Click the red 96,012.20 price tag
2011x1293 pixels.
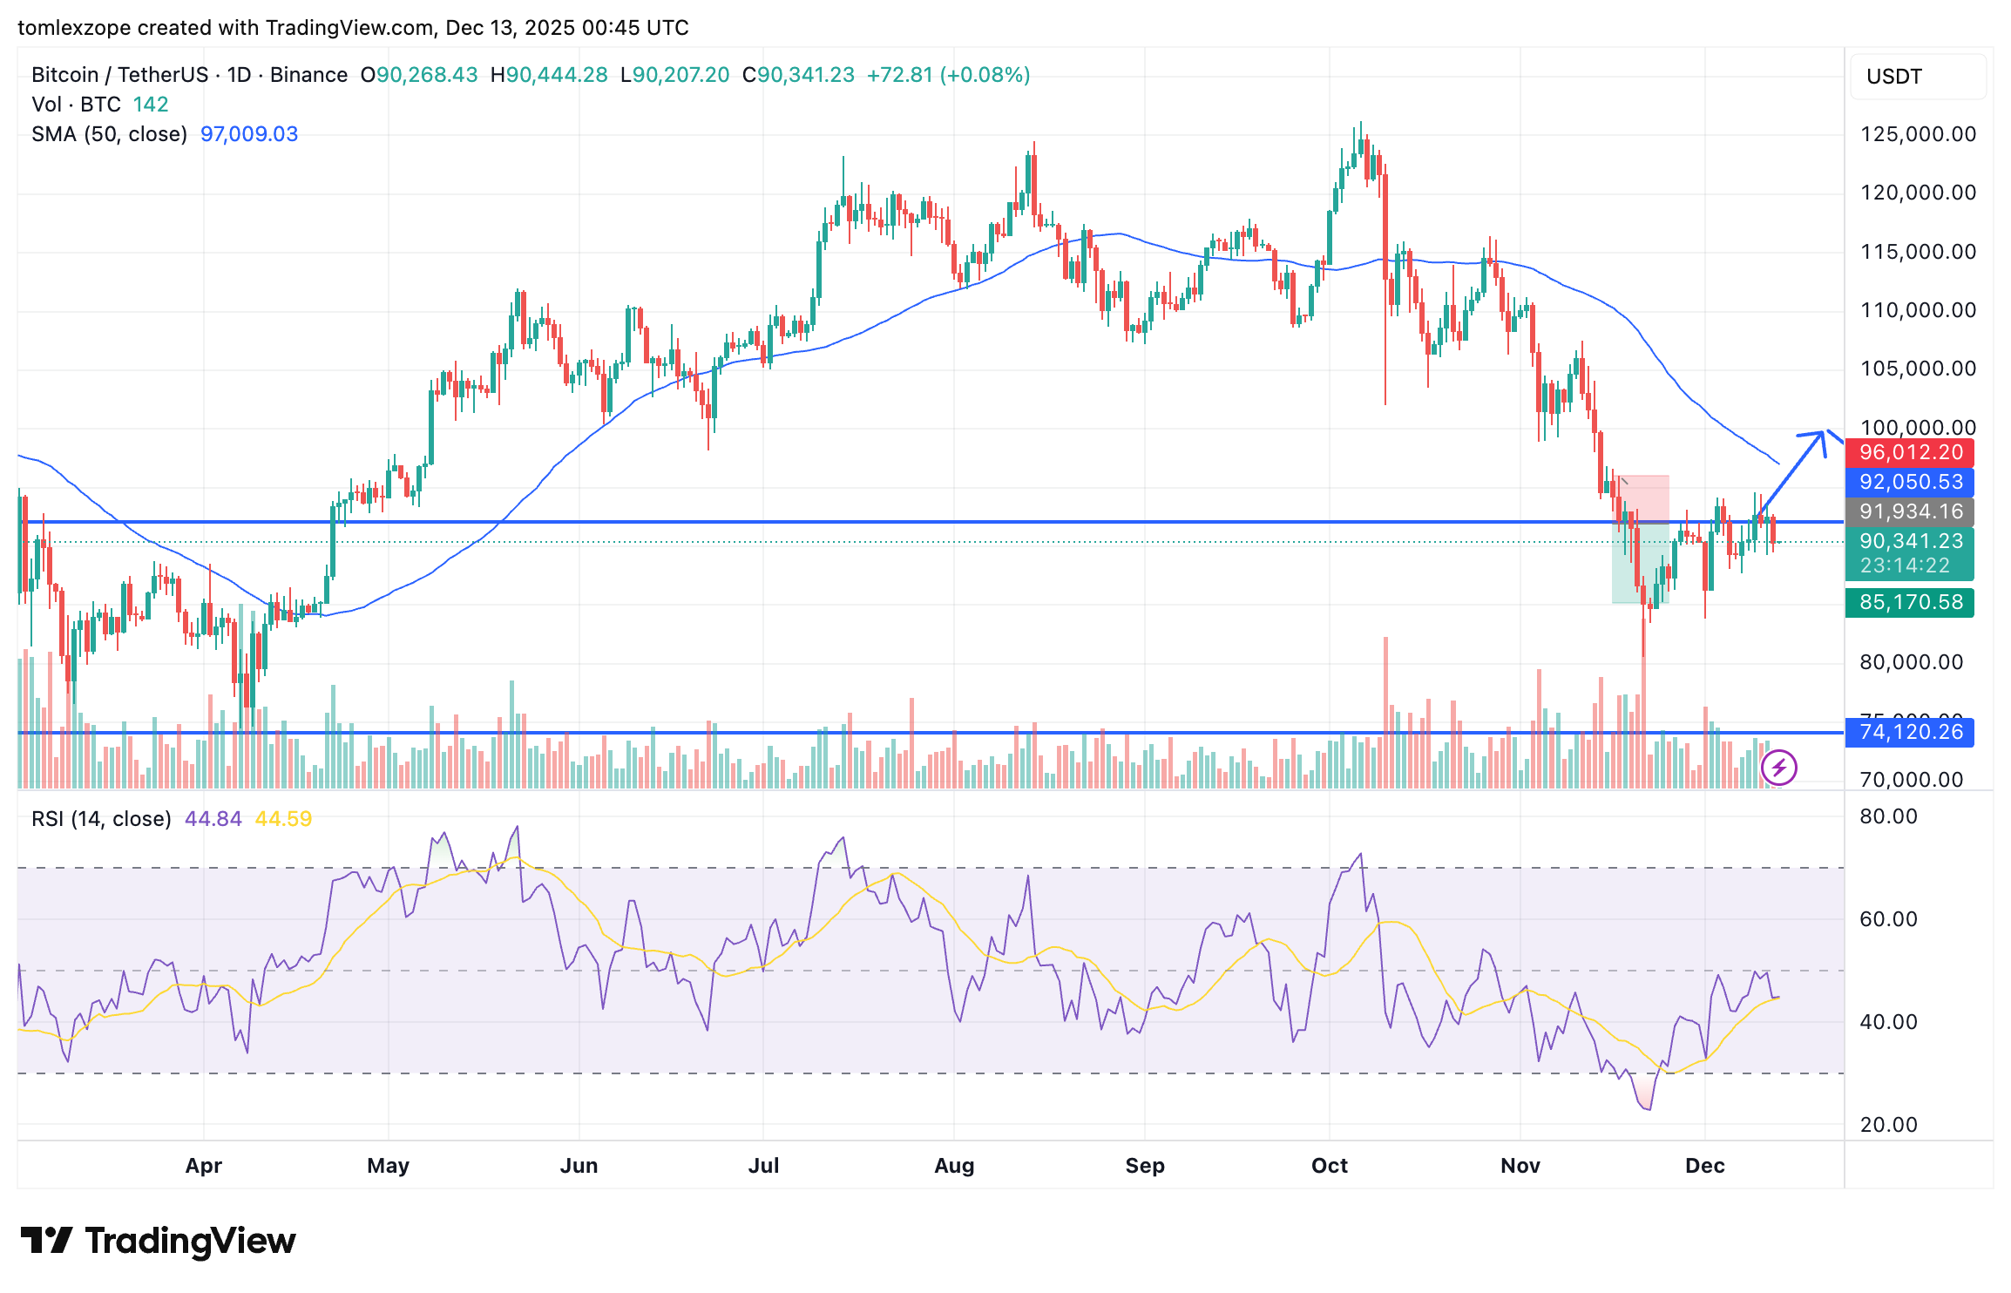pyautogui.click(x=1909, y=452)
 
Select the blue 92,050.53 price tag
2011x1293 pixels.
pyautogui.click(x=1909, y=482)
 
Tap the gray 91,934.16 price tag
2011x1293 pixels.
pyautogui.click(x=1909, y=511)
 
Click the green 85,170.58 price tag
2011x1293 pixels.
pyautogui.click(x=1909, y=602)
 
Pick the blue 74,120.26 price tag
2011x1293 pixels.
pyautogui.click(x=1909, y=732)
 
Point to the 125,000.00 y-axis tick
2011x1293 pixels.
pyautogui.click(x=1918, y=134)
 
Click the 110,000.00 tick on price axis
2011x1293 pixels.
pyautogui.click(x=1918, y=310)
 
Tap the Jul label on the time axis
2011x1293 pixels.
pyautogui.click(x=763, y=1166)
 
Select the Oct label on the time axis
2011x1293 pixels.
pyautogui.click(x=1329, y=1166)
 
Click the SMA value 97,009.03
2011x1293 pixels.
pyautogui.click(x=249, y=134)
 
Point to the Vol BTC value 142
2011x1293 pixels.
pyautogui.click(x=151, y=105)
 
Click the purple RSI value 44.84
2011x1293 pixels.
pyautogui.click(x=213, y=819)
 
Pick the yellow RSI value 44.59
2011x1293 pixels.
pyautogui.click(x=283, y=819)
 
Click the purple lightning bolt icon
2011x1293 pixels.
pyautogui.click(x=1778, y=768)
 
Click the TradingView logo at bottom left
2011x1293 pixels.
pyautogui.click(x=158, y=1241)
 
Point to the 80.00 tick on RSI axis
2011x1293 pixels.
pyautogui.click(x=1888, y=816)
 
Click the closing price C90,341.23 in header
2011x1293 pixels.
pyautogui.click(x=798, y=75)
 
